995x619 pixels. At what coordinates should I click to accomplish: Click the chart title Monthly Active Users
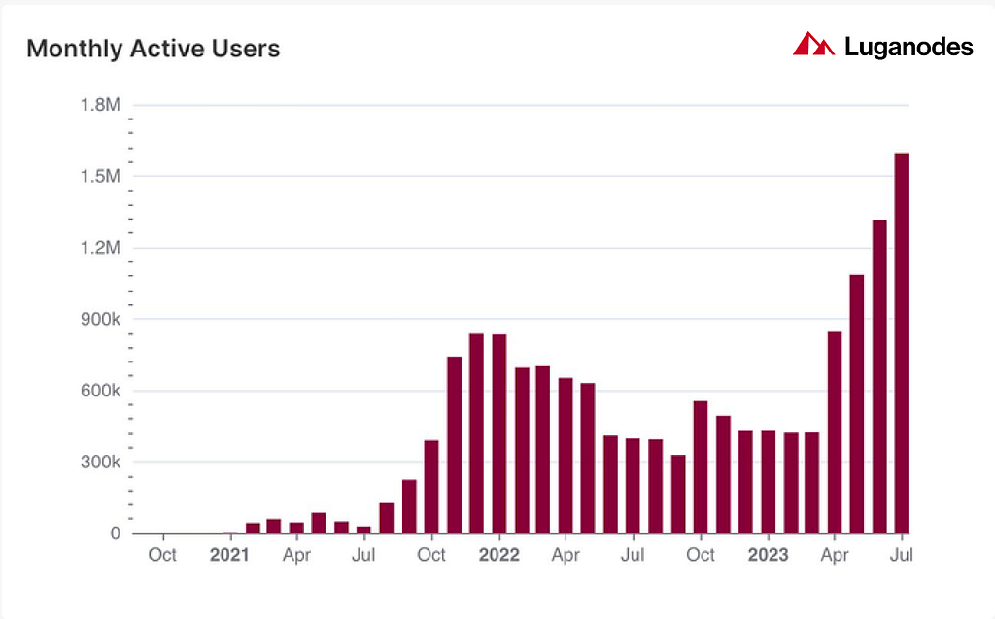click(153, 49)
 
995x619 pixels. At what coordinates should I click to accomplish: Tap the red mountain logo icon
click(813, 44)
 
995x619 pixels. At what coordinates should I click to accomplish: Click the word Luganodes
click(909, 47)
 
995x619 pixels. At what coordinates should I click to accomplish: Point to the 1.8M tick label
click(100, 105)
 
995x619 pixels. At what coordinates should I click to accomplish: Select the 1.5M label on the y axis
click(100, 176)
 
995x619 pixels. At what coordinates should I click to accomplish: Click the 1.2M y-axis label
click(100, 248)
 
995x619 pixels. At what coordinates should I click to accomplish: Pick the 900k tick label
click(100, 319)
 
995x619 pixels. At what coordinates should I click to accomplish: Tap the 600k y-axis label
click(100, 391)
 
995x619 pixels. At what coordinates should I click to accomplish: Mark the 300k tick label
click(100, 462)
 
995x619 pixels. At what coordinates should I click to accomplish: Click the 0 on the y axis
click(115, 533)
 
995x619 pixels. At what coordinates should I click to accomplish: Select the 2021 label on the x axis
click(229, 555)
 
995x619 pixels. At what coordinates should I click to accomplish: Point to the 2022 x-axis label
click(498, 555)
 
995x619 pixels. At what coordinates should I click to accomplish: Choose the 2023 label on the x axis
click(768, 555)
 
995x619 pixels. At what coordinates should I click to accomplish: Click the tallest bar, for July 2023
click(902, 343)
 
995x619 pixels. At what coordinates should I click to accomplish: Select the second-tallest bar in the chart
click(879, 376)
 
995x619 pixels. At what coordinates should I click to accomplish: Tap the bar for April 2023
click(835, 432)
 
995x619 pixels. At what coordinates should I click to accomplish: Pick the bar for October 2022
click(701, 467)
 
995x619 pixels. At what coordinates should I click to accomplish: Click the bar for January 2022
click(498, 433)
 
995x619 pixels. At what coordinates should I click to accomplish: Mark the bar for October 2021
click(431, 487)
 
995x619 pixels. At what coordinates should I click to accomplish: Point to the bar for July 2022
click(633, 486)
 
